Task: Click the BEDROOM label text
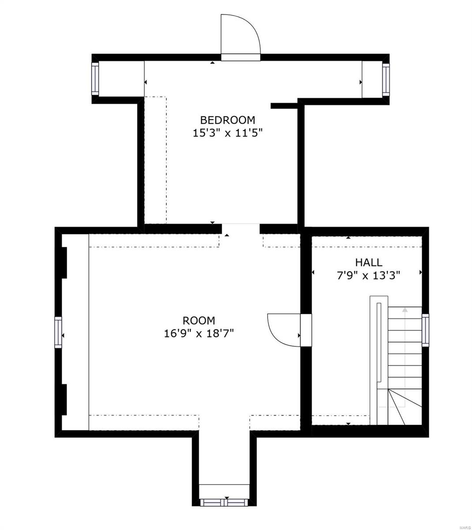coord(227,120)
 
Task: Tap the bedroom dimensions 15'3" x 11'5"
coord(227,133)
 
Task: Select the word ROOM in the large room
coord(199,321)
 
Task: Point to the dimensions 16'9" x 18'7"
coord(199,334)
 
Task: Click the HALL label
coord(369,263)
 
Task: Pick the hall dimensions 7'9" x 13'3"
coord(369,276)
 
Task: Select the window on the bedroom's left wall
coord(94,79)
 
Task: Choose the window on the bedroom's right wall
coord(386,79)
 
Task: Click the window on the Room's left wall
coord(58,332)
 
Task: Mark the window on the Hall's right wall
coord(425,329)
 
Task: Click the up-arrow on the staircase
coord(404,311)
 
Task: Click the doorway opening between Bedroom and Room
coord(240,228)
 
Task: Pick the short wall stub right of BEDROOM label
coord(284,106)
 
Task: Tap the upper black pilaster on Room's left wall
coord(64,262)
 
